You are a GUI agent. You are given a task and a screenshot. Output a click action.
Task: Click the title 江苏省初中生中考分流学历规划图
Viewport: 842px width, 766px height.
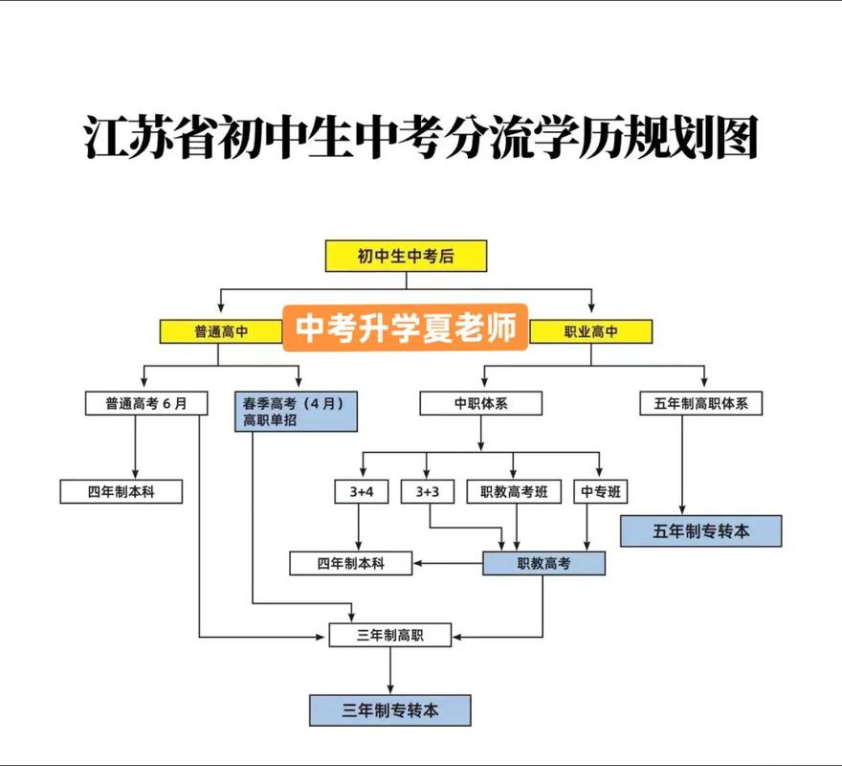coord(420,140)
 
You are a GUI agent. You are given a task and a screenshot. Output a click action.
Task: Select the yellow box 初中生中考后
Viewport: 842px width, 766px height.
coord(406,256)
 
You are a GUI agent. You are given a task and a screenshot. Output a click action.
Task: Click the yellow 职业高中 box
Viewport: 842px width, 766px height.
coord(590,331)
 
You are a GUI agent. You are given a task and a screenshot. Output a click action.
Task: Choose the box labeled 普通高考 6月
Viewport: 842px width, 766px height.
coord(146,403)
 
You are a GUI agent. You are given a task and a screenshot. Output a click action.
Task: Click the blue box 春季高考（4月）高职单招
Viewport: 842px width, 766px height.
coord(296,411)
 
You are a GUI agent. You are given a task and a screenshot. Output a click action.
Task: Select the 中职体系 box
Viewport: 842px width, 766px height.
coord(480,403)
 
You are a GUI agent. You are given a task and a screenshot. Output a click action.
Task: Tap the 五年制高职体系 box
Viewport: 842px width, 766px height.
coord(701,403)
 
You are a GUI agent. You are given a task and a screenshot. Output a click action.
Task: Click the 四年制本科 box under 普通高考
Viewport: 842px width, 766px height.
coord(121,491)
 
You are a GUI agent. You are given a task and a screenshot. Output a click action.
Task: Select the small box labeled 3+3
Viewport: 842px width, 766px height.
coord(428,491)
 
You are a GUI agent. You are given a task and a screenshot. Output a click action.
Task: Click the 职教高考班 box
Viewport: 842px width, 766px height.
coord(514,491)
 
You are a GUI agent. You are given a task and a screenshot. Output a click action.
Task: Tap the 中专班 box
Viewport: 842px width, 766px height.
coord(600,491)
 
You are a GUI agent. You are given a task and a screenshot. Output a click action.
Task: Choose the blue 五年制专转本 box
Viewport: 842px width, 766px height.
coord(701,530)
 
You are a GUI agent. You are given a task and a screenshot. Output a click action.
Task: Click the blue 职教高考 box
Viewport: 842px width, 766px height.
coord(543,563)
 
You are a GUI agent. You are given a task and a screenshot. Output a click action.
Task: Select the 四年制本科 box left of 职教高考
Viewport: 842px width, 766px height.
coord(351,563)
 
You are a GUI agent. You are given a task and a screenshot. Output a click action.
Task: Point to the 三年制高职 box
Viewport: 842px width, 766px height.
coord(389,634)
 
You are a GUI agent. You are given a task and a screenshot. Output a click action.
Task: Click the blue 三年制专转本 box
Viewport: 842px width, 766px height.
coord(389,710)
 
